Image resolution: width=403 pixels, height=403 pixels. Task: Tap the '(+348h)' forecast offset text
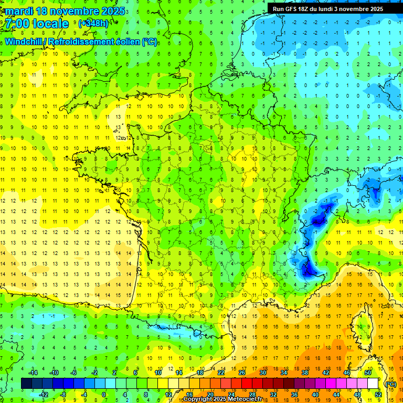(x=93, y=24)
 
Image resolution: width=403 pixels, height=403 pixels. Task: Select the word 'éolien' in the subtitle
(x=126, y=41)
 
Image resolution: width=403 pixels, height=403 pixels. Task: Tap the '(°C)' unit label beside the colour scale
(x=390, y=384)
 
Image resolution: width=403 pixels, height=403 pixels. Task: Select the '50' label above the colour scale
(x=368, y=373)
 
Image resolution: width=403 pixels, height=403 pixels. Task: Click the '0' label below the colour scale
(x=104, y=395)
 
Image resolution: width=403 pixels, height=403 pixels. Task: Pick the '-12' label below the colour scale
(x=44, y=395)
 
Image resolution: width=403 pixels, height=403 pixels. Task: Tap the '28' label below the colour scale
(x=252, y=395)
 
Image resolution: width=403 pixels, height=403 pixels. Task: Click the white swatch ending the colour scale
(x=373, y=384)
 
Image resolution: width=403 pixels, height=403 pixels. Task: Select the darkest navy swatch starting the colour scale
(x=26, y=384)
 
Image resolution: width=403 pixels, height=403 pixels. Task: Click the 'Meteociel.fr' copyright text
(x=241, y=399)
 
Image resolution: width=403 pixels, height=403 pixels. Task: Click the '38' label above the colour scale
(x=304, y=373)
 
